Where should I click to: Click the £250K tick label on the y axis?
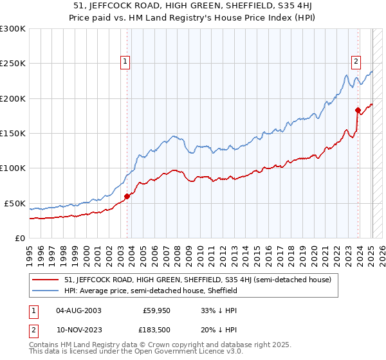[12, 64]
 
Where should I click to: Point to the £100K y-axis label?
[12, 168]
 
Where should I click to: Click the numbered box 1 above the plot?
[124, 62]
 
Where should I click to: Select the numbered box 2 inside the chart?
[355, 62]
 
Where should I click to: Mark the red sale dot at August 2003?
[127, 197]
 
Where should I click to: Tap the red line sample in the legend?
[45, 280]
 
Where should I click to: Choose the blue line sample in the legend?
[45, 291]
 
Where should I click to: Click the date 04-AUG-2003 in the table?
[79, 310]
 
